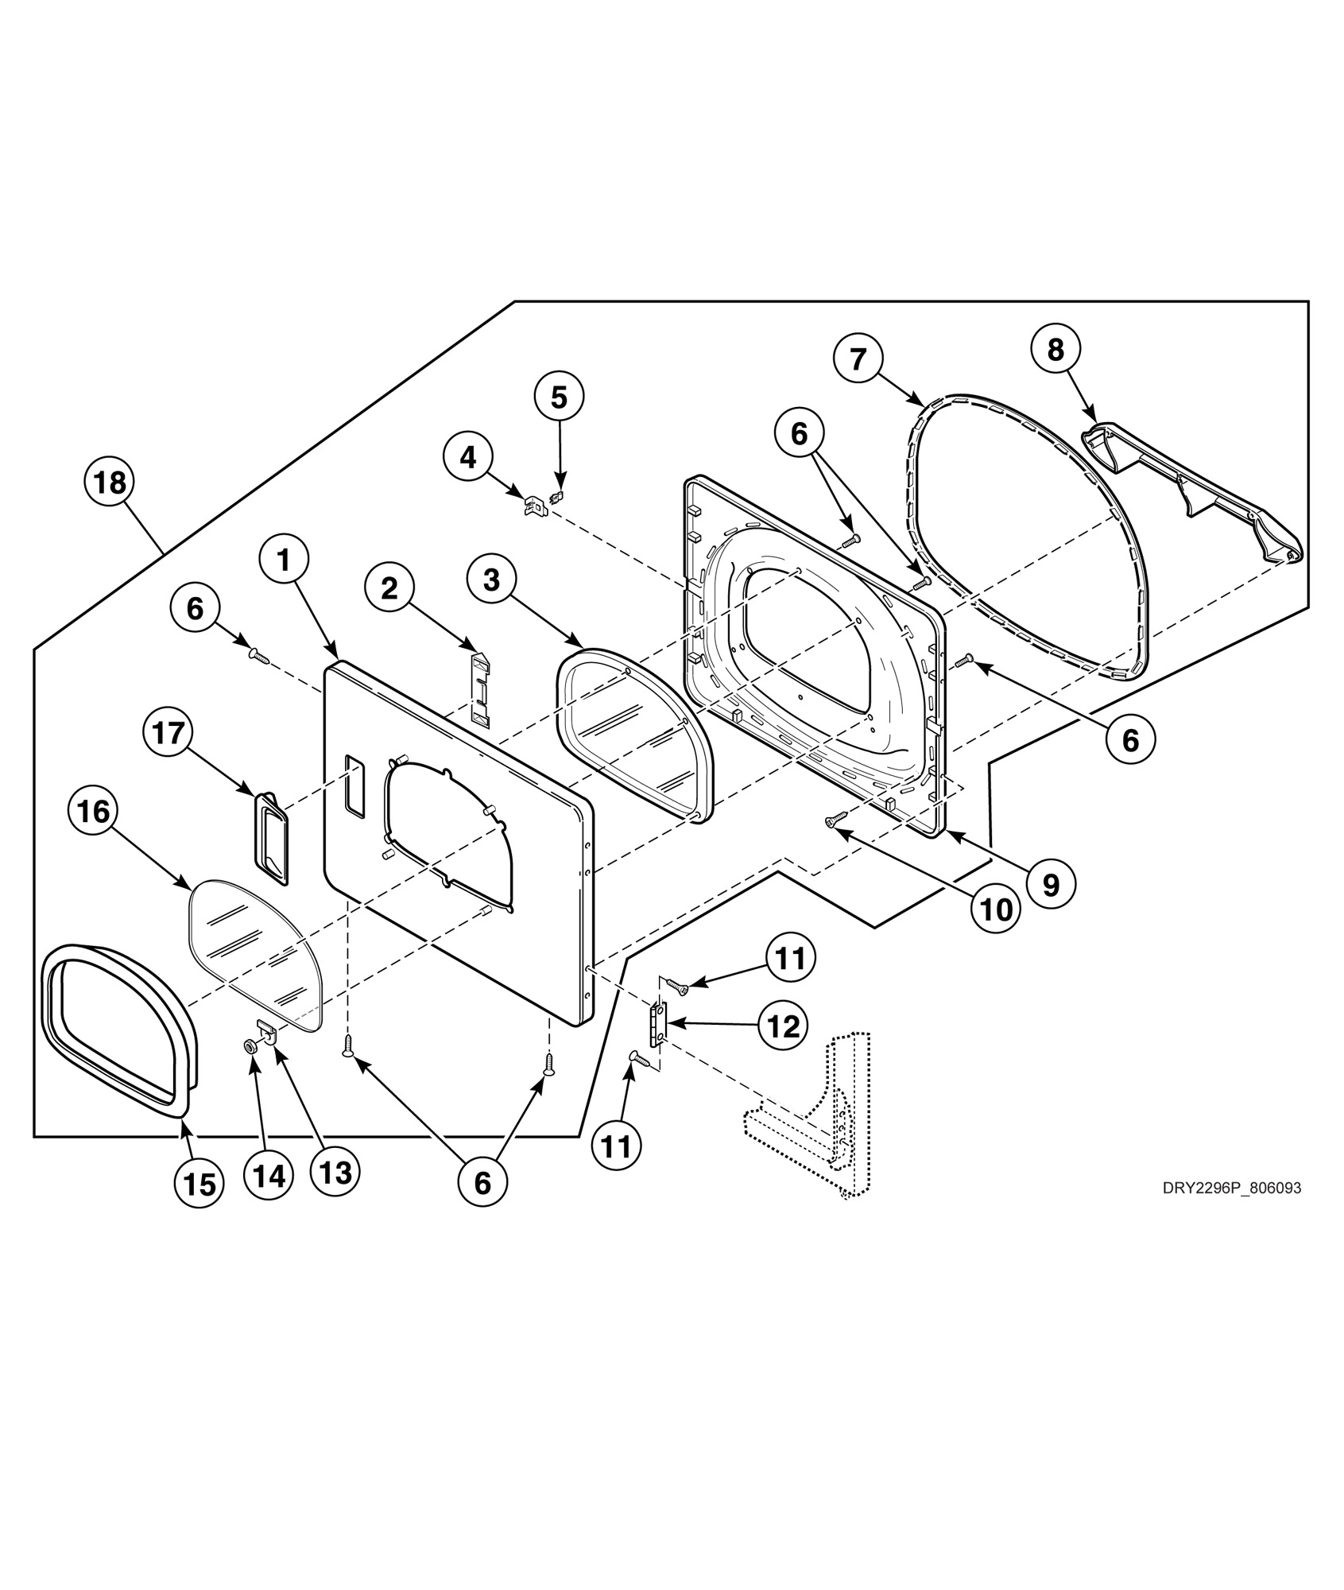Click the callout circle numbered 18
click(110, 483)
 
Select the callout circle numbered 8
click(1055, 348)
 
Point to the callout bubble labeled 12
click(783, 1026)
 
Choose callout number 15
click(199, 1185)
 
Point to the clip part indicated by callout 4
click(535, 505)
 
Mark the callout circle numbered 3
click(491, 580)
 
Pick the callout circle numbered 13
click(335, 1172)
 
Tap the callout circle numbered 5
click(559, 397)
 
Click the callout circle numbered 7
click(858, 359)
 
